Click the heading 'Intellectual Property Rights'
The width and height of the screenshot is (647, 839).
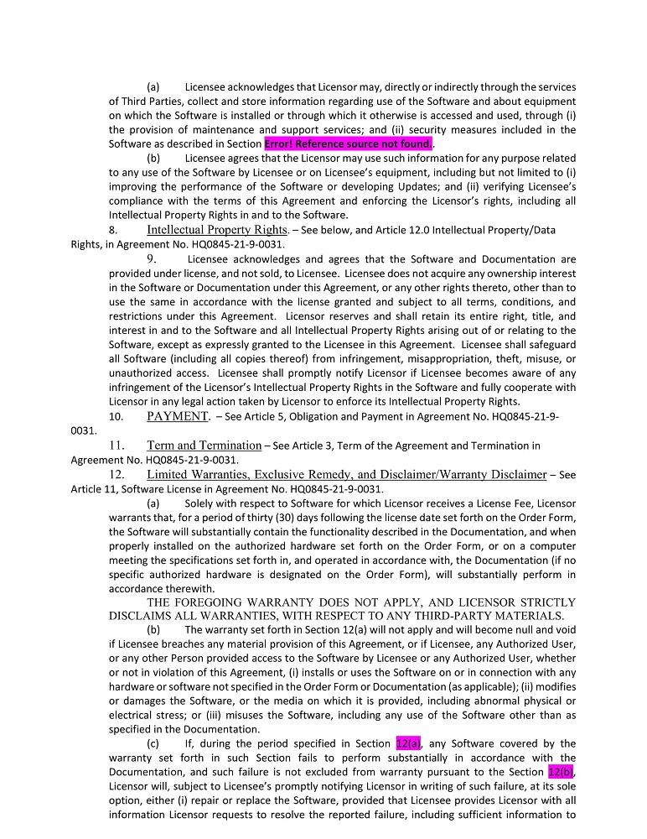(217, 230)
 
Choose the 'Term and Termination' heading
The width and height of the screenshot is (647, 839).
(204, 445)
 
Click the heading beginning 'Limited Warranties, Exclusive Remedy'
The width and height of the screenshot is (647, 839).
(346, 474)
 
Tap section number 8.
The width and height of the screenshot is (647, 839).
(113, 230)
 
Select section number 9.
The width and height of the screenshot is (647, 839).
(152, 259)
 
